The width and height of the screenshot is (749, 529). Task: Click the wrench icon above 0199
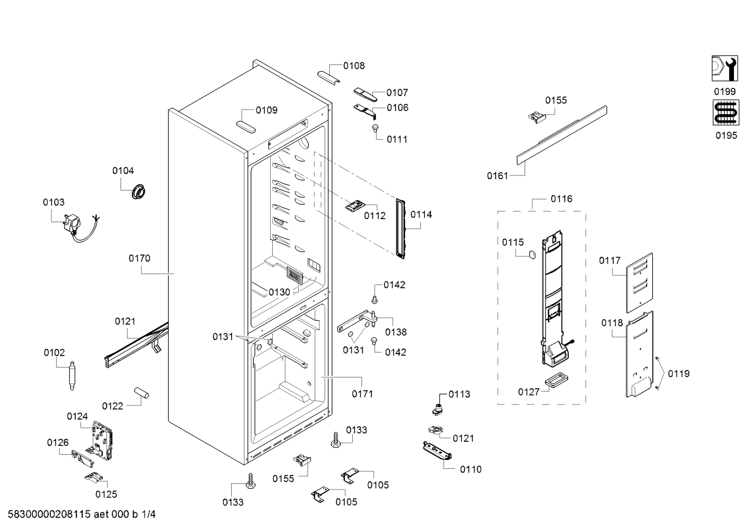pyautogui.click(x=725, y=68)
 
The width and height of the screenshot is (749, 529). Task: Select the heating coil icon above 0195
pyautogui.click(x=726, y=113)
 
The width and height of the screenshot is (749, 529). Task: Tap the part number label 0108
pyautogui.click(x=354, y=66)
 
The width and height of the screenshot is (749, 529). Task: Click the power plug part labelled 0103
pyautogui.click(x=73, y=224)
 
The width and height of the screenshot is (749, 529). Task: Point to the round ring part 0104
pyautogui.click(x=138, y=192)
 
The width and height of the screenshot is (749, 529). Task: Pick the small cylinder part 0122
pyautogui.click(x=141, y=392)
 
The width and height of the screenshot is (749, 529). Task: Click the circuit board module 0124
pyautogui.click(x=102, y=439)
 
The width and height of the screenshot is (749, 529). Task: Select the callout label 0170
pyautogui.click(x=139, y=259)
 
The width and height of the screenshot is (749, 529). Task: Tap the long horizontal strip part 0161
pyautogui.click(x=562, y=135)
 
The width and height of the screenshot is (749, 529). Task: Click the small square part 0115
pyautogui.click(x=532, y=255)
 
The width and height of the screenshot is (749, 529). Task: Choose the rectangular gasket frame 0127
pyautogui.click(x=557, y=381)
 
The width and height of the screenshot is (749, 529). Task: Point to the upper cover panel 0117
pyautogui.click(x=639, y=283)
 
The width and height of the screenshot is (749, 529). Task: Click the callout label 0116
pyautogui.click(x=561, y=199)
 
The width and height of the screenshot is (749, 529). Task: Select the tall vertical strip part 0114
pyautogui.click(x=400, y=229)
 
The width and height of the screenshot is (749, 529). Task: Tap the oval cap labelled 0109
pyautogui.click(x=246, y=127)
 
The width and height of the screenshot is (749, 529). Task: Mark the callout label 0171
pyautogui.click(x=362, y=394)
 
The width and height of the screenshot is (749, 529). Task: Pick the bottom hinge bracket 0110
pyautogui.click(x=437, y=451)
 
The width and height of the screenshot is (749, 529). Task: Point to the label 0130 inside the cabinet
pyautogui.click(x=279, y=292)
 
